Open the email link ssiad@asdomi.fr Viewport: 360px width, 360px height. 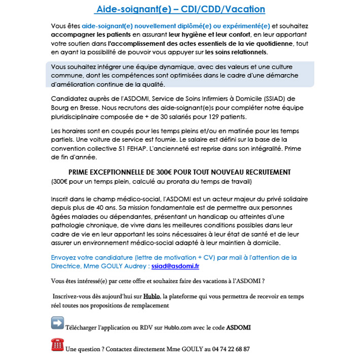(175, 266)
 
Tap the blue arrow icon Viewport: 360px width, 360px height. (57, 323)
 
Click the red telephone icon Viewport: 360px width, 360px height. (57, 345)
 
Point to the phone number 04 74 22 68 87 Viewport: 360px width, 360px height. (228, 350)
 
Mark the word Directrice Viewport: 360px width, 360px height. (68, 266)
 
